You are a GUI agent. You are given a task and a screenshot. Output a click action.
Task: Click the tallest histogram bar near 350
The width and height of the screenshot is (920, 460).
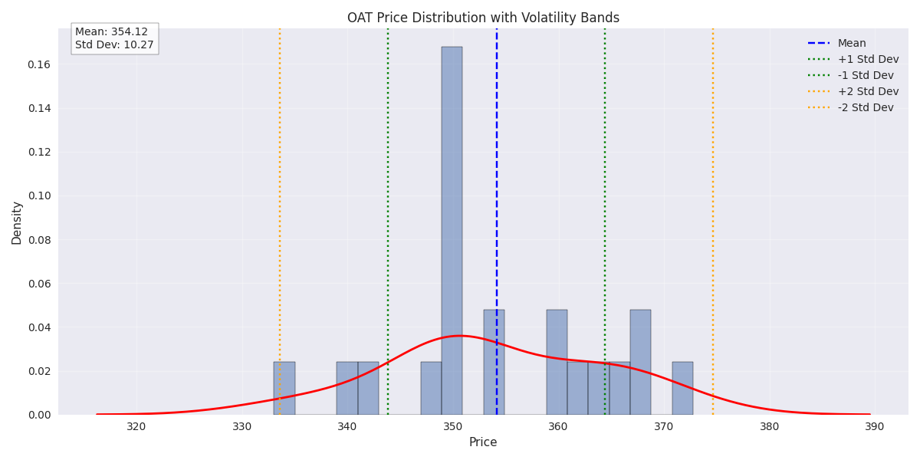point(452,230)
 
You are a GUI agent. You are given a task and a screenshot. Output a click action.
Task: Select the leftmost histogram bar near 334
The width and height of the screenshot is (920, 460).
point(284,389)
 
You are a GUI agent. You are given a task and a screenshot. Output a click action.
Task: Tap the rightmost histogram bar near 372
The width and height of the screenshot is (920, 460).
point(682,389)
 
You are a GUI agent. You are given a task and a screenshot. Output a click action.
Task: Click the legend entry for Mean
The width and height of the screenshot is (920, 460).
point(852,44)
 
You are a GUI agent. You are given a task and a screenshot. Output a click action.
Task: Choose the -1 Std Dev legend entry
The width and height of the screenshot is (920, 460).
point(866,76)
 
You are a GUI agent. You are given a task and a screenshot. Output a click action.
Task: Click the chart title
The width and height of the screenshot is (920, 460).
point(483,18)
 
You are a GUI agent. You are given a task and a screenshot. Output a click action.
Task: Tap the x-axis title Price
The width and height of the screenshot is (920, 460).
point(483,442)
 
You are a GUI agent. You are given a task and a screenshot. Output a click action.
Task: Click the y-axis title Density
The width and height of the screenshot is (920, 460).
point(17,222)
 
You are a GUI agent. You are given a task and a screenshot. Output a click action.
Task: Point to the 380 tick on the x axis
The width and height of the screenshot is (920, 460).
point(769,427)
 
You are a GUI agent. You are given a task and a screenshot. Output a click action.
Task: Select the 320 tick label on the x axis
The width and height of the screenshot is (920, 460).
point(136,427)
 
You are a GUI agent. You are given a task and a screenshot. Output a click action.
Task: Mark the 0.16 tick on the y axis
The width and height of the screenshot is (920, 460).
point(38,64)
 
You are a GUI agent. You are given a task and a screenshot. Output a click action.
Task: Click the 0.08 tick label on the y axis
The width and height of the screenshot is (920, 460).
point(38,240)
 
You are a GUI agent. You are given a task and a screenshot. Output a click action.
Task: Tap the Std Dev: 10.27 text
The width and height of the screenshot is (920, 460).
point(114,45)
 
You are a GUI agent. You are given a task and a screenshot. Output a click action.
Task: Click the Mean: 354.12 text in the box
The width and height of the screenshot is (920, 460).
point(111,32)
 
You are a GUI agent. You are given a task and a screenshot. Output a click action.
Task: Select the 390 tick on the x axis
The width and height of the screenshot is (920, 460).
point(874,427)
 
